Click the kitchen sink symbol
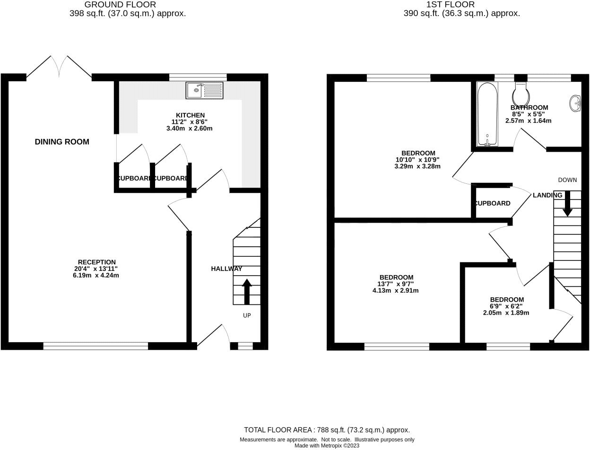tap(204, 90)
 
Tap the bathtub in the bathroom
tap(487, 114)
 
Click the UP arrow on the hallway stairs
tap(246, 291)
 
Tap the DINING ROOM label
tap(62, 142)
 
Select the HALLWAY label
tap(226, 268)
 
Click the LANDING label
tap(547, 195)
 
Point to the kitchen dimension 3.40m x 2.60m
tap(189, 128)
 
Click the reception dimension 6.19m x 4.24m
tap(96, 275)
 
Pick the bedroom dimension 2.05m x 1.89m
tap(506, 312)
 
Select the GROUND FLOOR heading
tap(120, 5)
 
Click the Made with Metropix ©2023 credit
tap(327, 445)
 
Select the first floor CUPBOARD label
tap(492, 203)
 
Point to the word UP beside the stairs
tap(247, 315)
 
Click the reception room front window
tap(95, 346)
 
